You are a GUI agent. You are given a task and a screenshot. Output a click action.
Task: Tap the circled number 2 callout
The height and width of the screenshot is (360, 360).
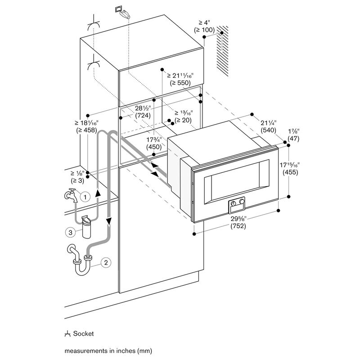tap(105, 263)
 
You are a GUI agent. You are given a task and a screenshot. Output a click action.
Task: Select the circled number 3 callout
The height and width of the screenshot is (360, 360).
tap(70, 233)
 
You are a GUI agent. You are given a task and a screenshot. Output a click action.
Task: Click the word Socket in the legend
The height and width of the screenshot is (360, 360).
tap(84, 334)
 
